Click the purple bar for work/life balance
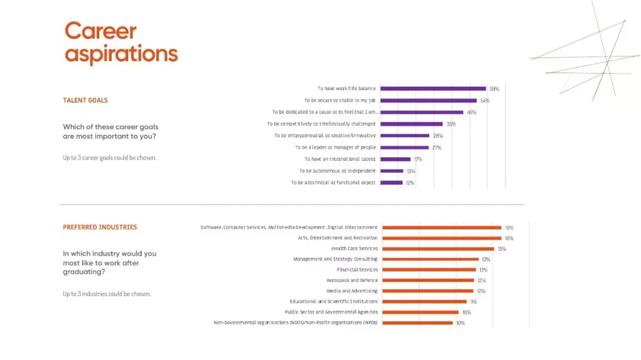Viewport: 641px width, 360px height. (x=433, y=88)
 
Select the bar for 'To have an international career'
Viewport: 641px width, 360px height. (x=395, y=159)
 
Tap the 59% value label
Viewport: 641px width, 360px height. (x=494, y=89)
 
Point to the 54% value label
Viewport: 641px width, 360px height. (x=484, y=101)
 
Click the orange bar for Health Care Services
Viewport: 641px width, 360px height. (x=438, y=249)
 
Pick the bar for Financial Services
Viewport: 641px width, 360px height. (x=429, y=270)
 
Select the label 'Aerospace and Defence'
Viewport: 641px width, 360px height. (x=352, y=281)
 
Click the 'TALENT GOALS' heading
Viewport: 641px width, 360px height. (x=85, y=100)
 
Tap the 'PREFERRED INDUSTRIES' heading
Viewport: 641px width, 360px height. (x=100, y=227)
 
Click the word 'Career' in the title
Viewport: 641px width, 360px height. (x=100, y=31)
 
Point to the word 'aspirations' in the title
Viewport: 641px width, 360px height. (x=121, y=54)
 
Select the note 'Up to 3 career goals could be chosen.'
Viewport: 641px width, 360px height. (x=109, y=158)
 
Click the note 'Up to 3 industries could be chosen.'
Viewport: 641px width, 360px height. (x=107, y=294)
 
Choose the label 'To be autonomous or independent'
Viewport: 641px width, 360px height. (x=337, y=171)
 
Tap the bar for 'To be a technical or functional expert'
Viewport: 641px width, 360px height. (x=391, y=183)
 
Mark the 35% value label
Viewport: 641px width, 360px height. (x=451, y=124)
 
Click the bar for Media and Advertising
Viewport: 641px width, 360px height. (x=428, y=291)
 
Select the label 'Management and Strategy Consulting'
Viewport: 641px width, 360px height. (x=335, y=259)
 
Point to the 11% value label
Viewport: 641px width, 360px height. (x=473, y=302)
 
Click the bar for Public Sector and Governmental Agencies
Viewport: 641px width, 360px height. (x=421, y=312)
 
